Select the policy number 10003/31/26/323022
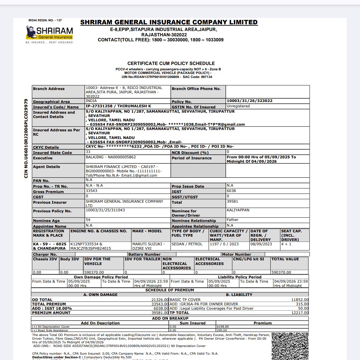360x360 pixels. (249, 101)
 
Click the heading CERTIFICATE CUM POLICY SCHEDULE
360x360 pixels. (171, 63)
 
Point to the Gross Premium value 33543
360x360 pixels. (92, 191)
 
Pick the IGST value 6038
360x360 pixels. (231, 191)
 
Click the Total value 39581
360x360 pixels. (232, 201)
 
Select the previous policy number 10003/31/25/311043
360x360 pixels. (105, 210)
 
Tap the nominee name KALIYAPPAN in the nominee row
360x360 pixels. (238, 210)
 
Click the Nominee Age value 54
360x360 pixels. (88, 220)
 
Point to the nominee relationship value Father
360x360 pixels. (232, 220)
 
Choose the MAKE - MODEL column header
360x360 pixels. (147, 231)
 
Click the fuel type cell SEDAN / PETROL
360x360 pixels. (187, 244)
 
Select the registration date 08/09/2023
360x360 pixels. (261, 244)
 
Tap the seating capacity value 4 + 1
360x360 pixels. (286, 244)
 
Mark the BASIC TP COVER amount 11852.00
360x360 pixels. (300, 300)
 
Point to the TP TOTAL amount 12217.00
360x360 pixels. (300, 313)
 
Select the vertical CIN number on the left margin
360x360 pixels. (26, 138)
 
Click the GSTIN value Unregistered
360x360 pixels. (238, 106)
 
